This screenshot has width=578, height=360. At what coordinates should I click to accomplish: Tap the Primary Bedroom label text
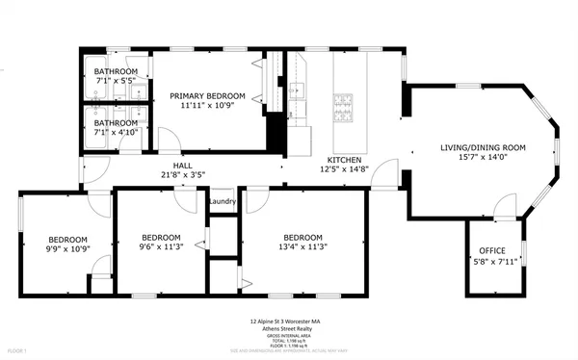point(207,96)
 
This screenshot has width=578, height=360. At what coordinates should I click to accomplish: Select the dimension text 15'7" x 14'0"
point(483,158)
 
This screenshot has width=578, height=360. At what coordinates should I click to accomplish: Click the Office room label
point(491,251)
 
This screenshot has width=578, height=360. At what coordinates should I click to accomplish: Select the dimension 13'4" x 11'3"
point(302,248)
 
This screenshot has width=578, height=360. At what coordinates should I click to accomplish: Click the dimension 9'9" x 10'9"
point(68,250)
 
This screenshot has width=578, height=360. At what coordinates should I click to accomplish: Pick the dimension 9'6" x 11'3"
point(161,248)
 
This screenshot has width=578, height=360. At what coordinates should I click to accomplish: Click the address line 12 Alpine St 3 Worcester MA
point(288,322)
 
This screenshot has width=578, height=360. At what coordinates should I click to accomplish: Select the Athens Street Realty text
point(288,329)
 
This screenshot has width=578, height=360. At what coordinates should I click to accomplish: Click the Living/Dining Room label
point(483,147)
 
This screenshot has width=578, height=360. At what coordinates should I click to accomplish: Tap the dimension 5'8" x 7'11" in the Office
point(491,261)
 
